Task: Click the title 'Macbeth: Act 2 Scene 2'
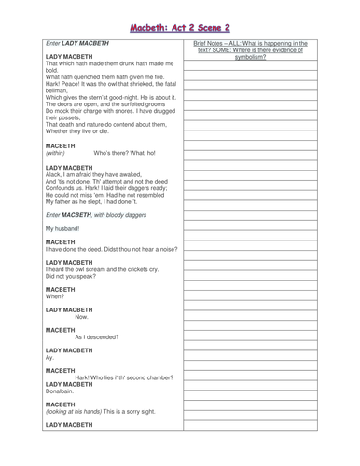[179, 13]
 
